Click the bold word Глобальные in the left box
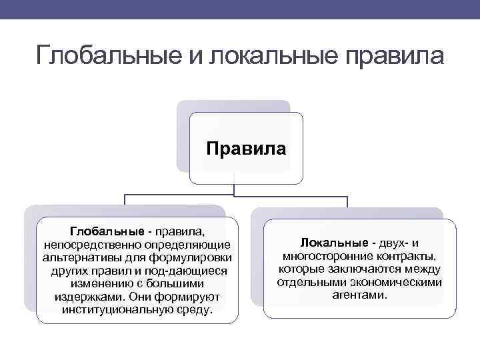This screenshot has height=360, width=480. click(107, 231)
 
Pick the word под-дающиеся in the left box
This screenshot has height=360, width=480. click(193, 271)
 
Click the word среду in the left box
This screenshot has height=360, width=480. click(193, 310)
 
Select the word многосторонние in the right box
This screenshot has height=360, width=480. click(321, 256)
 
